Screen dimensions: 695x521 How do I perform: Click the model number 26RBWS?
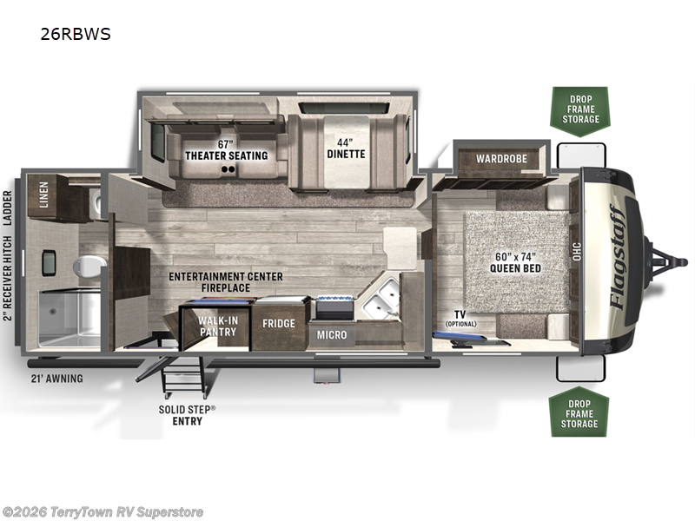(x=76, y=34)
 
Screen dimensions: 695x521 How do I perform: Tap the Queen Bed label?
(x=515, y=263)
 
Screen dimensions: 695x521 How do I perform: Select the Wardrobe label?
(x=501, y=159)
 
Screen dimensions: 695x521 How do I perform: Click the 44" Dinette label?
(x=346, y=148)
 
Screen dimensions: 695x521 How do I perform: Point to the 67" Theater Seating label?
(x=226, y=150)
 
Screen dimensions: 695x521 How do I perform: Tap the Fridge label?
(x=278, y=323)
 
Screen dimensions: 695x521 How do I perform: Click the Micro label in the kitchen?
(x=332, y=335)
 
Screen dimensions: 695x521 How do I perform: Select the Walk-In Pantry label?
(x=218, y=326)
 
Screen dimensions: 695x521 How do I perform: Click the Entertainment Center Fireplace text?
(x=226, y=282)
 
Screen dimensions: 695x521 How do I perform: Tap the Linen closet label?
(x=43, y=195)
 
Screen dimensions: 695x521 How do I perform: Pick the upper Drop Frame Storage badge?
(x=580, y=110)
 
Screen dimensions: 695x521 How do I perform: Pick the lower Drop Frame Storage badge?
(x=579, y=412)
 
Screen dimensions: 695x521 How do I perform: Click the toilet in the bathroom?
(x=89, y=267)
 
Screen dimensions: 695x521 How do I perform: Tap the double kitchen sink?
(x=382, y=297)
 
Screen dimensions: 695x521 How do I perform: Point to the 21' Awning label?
(x=56, y=379)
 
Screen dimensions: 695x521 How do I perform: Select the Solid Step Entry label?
(x=187, y=415)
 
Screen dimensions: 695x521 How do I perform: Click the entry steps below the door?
(x=183, y=377)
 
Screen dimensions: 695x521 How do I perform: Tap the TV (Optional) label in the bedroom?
(x=460, y=318)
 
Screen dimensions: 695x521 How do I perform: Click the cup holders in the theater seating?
(x=228, y=169)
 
